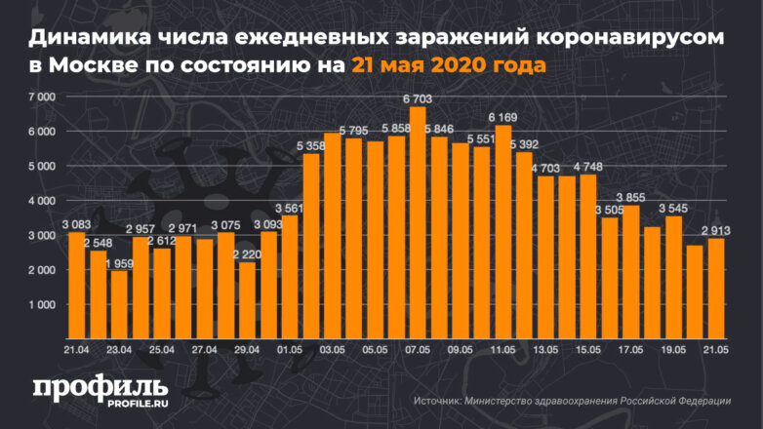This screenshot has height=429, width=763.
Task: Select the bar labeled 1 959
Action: pos(119,304)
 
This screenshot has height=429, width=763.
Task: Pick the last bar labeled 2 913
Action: pos(716,289)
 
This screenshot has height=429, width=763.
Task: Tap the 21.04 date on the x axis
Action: pos(77,348)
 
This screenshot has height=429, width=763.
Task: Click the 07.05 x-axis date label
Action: pos(418,348)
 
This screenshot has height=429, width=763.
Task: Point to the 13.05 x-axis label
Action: pos(545,348)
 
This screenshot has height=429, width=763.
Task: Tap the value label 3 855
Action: pos(631,197)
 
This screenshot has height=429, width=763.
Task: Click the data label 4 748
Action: pos(589,166)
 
